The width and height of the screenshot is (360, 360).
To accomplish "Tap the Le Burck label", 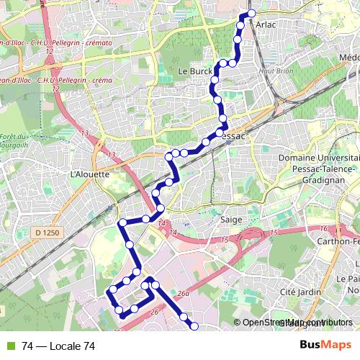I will click(x=193, y=73).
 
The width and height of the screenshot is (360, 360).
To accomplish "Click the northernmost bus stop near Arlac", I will click(x=251, y=13).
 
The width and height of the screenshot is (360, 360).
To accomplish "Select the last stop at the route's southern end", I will click(x=194, y=327).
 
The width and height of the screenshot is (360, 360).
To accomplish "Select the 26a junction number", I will click(x=184, y=293).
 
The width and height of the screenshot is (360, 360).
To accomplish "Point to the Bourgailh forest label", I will click(x=13, y=142).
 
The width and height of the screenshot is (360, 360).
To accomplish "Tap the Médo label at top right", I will click(x=348, y=57).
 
